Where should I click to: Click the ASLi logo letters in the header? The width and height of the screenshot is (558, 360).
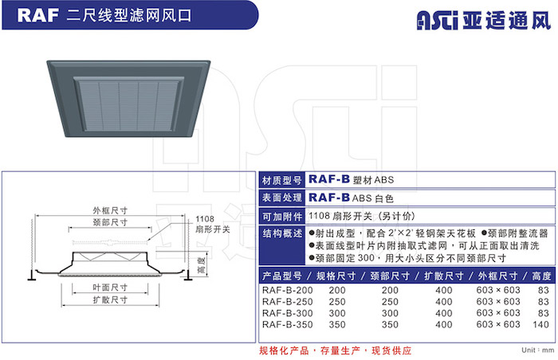point(438,20)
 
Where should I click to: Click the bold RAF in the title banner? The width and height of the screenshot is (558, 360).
point(38,15)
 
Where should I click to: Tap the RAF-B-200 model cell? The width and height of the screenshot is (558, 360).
point(287,290)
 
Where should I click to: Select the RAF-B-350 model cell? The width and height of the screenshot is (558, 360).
point(287,324)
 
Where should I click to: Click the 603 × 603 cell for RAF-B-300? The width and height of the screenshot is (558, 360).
point(498,313)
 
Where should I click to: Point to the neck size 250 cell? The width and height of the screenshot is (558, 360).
point(390,302)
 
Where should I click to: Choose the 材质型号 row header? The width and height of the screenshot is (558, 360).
point(282,180)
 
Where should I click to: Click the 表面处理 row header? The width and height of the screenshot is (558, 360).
point(282,198)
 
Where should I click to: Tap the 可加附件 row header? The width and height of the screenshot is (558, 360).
point(282,217)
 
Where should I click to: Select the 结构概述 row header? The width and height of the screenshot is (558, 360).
point(282,233)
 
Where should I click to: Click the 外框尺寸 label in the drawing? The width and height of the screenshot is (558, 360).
point(110,210)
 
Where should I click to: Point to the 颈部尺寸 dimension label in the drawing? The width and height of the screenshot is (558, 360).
point(110,222)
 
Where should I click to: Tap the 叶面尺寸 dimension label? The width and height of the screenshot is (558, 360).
point(110,288)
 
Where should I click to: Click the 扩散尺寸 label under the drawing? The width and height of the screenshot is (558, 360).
point(110,300)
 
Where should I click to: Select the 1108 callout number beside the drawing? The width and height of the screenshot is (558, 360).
point(205,219)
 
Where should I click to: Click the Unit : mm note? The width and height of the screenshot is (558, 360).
point(538,350)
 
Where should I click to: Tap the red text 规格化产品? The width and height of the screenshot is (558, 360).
point(284,350)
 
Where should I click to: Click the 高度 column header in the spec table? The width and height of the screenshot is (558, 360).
point(541,276)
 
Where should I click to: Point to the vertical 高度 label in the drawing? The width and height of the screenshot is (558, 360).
point(202,265)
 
